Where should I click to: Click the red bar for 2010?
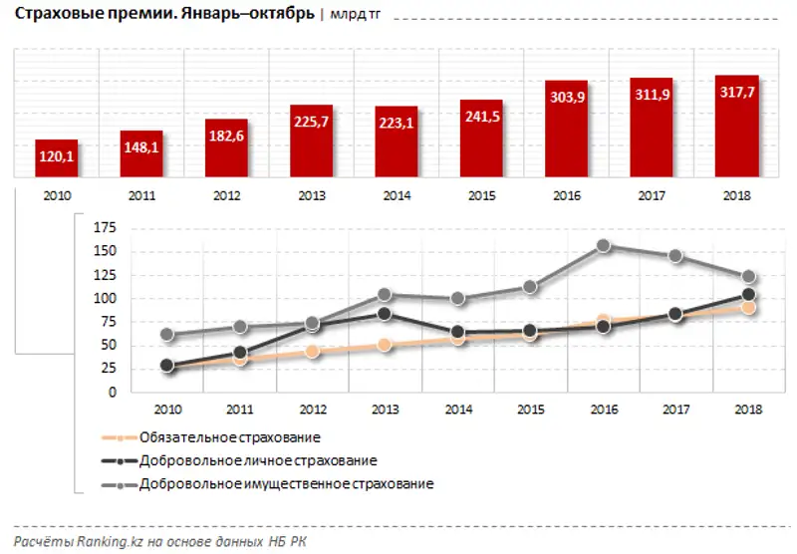click(56, 157)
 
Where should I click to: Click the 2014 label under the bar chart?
click(397, 195)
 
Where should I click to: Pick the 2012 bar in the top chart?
click(226, 147)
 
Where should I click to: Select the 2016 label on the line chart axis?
click(603, 409)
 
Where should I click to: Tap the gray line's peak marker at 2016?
click(603, 245)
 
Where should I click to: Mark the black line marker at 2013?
click(385, 314)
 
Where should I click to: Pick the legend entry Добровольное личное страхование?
click(258, 461)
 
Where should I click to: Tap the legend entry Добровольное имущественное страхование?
click(287, 484)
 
